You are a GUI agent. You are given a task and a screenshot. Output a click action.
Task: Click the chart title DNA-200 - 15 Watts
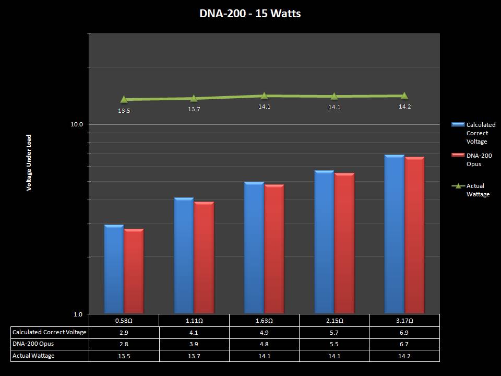(250, 14)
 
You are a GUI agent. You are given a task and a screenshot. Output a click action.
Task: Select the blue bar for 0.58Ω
(114, 269)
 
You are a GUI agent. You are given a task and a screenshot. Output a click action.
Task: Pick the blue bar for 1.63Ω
(254, 248)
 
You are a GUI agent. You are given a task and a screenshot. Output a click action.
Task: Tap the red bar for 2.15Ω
(344, 243)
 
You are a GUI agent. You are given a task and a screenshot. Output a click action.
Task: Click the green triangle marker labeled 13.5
(124, 99)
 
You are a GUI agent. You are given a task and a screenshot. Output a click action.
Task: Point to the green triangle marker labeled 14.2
(404, 96)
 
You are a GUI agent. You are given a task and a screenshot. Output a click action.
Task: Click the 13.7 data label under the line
(194, 109)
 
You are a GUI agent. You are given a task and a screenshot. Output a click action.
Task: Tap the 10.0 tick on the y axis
(77, 124)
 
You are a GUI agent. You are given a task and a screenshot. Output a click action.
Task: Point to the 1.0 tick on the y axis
(78, 314)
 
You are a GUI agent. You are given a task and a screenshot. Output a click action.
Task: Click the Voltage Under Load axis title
(29, 162)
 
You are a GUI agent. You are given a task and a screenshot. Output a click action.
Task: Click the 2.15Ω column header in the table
(335, 320)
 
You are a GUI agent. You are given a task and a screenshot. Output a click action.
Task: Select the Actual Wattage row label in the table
(33, 356)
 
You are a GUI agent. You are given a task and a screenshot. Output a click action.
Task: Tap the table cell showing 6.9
(404, 332)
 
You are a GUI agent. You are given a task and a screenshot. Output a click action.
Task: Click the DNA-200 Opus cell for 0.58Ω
(124, 344)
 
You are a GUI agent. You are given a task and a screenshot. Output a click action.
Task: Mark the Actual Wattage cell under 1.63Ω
(264, 356)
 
